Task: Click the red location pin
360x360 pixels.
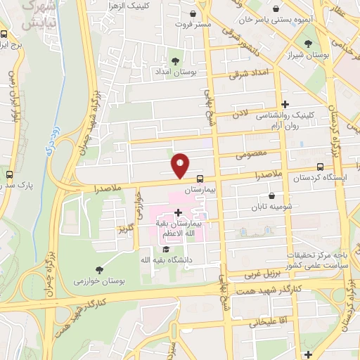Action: click(x=181, y=165)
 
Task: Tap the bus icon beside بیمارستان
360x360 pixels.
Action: click(x=200, y=179)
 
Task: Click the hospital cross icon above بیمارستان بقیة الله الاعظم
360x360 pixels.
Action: click(x=177, y=212)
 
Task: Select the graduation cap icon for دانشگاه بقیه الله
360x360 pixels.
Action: click(x=165, y=249)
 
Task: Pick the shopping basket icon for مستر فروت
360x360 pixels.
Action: click(x=193, y=13)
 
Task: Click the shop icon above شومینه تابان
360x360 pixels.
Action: click(x=271, y=197)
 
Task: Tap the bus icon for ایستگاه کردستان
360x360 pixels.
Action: click(x=321, y=167)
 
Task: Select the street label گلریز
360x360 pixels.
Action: click(x=126, y=228)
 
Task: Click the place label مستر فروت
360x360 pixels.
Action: click(x=193, y=25)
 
